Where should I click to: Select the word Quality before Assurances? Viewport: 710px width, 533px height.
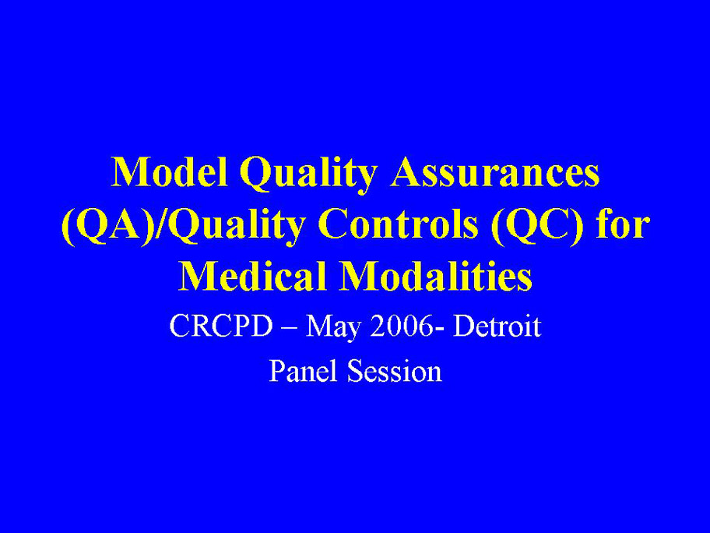(x=308, y=175)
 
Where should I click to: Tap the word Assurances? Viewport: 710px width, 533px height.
(x=495, y=172)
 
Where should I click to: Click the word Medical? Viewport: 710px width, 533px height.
(x=253, y=276)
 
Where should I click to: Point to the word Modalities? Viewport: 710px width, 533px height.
(x=437, y=276)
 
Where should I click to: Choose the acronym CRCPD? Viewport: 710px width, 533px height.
(x=221, y=326)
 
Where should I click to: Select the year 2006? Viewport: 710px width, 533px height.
(x=401, y=326)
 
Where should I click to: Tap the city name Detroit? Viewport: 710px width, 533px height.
(x=497, y=326)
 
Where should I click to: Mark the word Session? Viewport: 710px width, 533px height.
(x=395, y=371)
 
